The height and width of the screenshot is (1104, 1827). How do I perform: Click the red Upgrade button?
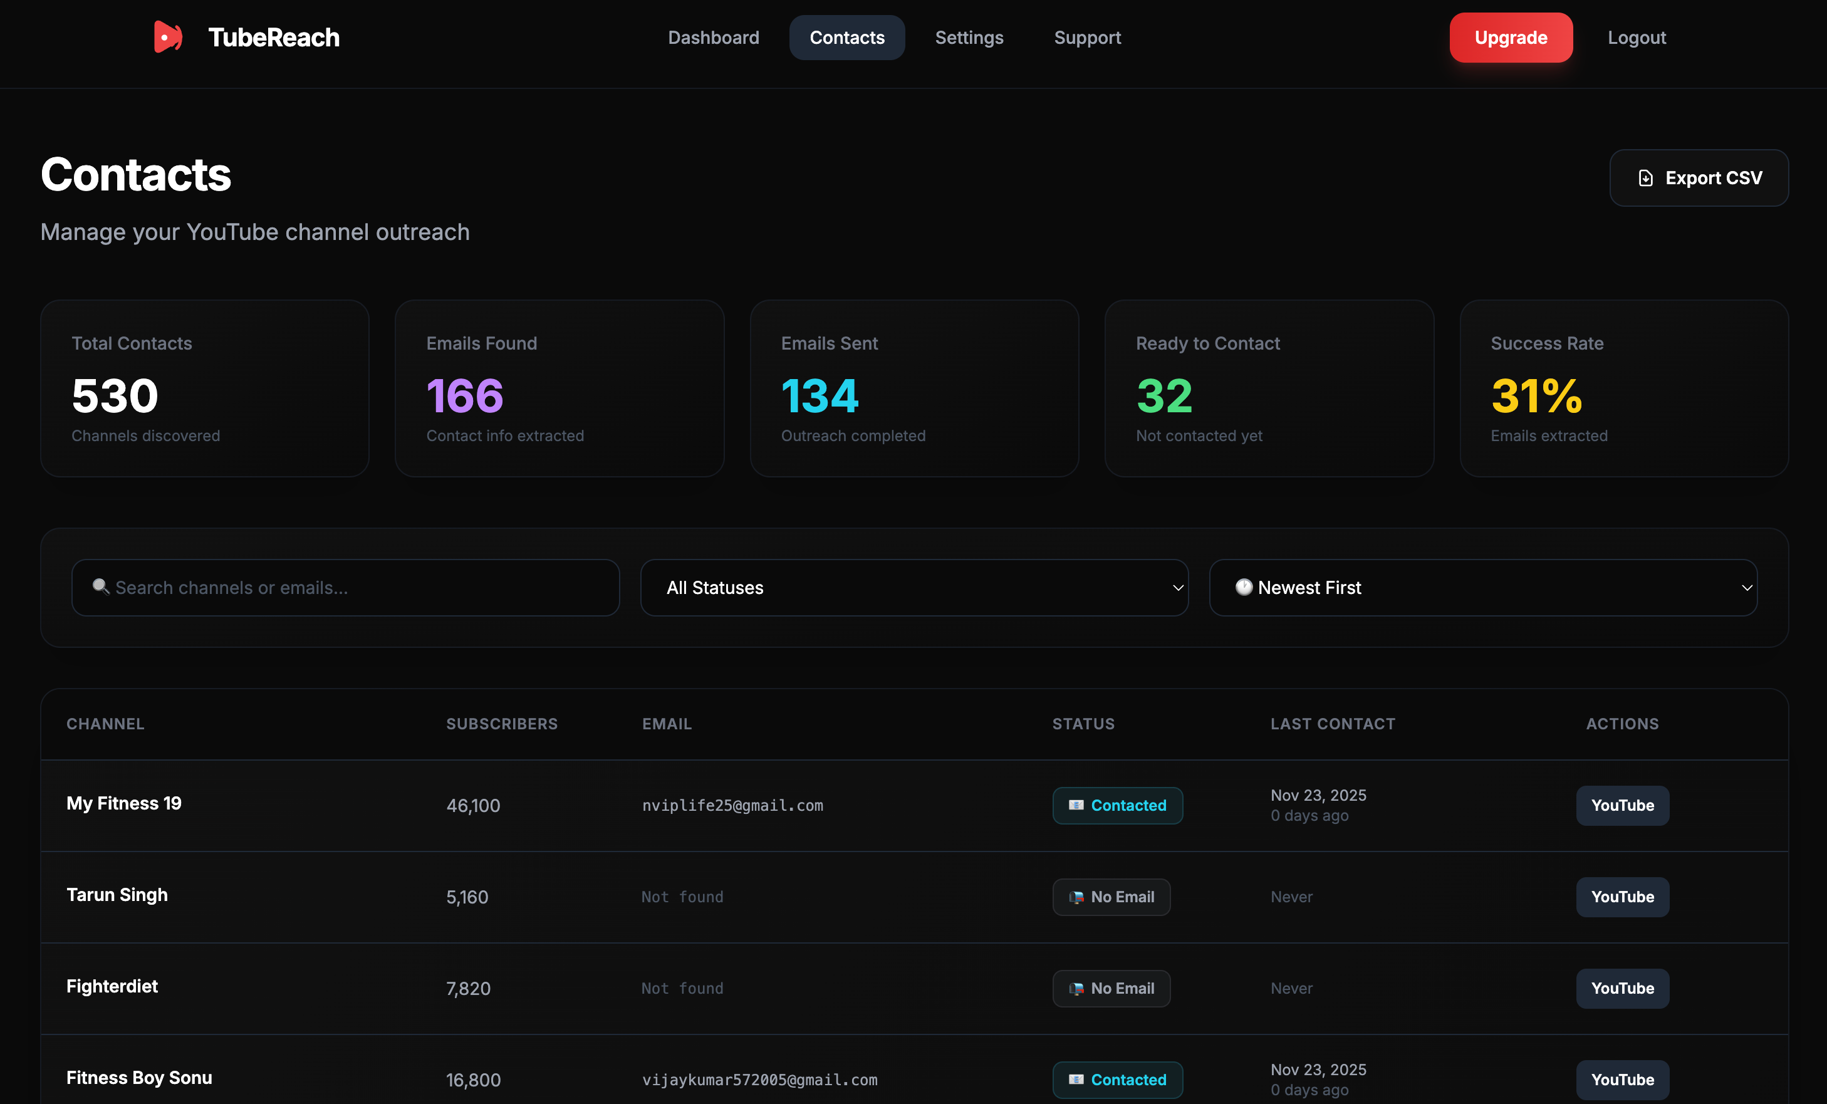pos(1511,38)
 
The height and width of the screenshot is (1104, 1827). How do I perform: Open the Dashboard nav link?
pos(713,38)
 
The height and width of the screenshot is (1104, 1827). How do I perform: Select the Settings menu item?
pos(969,38)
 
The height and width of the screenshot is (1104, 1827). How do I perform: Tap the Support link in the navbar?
pos(1087,38)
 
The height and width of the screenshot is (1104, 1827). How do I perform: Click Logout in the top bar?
pos(1636,38)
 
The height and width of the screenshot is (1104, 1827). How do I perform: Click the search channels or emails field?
pos(345,587)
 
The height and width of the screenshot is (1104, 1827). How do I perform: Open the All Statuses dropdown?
pos(913,587)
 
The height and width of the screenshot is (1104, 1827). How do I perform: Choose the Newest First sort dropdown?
pos(1483,587)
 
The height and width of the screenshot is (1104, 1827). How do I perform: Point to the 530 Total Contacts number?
pos(115,395)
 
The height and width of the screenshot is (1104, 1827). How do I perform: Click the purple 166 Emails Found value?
pos(465,395)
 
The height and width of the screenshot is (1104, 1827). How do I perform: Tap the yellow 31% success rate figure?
pos(1536,395)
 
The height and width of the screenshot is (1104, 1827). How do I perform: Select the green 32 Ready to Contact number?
pos(1164,395)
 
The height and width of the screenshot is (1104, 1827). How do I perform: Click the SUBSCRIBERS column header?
pos(501,724)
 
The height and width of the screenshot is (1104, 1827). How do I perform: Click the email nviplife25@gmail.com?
pos(732,805)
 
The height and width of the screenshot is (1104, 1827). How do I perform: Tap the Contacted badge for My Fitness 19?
pos(1116,805)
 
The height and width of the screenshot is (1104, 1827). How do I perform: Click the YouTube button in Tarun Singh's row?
pos(1621,897)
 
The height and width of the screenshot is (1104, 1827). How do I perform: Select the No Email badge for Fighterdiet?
pos(1111,988)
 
